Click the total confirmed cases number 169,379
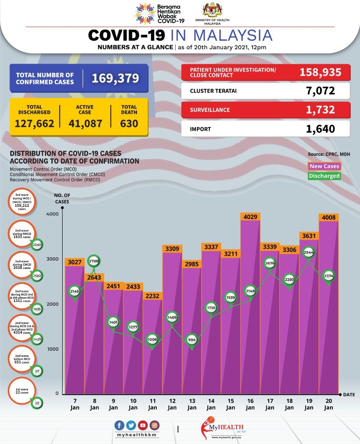pos(115,78)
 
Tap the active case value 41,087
pos(85,123)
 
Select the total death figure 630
pos(129,123)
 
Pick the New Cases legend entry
pos(325,166)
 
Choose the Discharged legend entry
pos(325,176)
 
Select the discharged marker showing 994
pos(192,340)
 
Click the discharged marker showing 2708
pos(94,261)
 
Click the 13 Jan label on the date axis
pos(192,405)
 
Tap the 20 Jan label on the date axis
pos(328,405)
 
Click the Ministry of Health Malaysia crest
pos(212,10)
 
